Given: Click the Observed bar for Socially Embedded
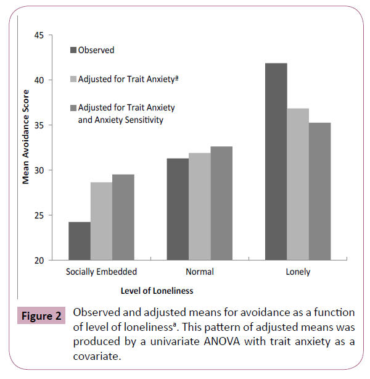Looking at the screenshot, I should (x=80, y=241).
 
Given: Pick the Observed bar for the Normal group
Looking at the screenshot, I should (x=178, y=209).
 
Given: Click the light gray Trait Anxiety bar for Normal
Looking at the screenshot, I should (x=199, y=206).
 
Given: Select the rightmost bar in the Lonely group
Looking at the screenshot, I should (x=319, y=191).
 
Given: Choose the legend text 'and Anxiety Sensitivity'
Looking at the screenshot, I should (x=120, y=120).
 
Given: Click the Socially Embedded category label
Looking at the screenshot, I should (x=101, y=272).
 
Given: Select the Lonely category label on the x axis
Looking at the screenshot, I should (x=298, y=272).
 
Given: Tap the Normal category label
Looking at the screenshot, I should (x=199, y=272).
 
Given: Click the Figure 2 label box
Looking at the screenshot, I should (x=41, y=317).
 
